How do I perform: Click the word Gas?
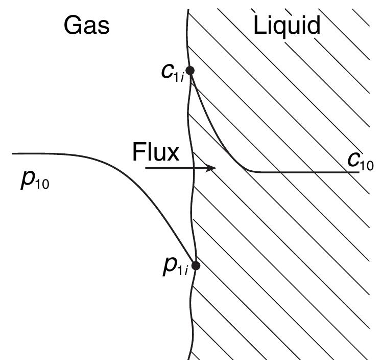pos(86,25)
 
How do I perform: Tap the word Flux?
pos(155,152)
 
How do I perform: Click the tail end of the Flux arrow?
pos(147,168)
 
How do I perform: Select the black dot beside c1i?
pos(189,71)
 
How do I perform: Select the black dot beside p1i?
pos(195,265)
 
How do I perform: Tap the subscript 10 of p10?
pos(42,184)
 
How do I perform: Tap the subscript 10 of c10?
pos(367,165)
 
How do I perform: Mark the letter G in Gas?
pos(73,25)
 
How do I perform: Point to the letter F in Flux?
pos(137,152)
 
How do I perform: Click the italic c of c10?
pos(353,160)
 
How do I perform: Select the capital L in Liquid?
pos(259,25)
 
